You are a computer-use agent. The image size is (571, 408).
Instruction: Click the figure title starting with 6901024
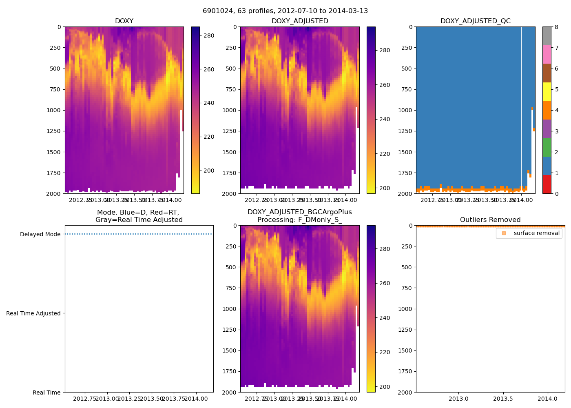pos(285,11)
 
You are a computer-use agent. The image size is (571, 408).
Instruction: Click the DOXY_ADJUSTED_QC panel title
pos(475,21)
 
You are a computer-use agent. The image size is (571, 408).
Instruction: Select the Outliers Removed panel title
pos(490,220)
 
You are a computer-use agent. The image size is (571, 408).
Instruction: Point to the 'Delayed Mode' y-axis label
pos(40,234)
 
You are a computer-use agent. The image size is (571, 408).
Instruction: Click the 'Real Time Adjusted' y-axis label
pos(33,313)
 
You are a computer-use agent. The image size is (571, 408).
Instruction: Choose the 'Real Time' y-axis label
pos(46,392)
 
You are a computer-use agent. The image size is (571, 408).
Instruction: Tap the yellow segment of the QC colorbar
pos(547,91)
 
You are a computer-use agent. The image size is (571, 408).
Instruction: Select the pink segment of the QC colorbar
pos(547,54)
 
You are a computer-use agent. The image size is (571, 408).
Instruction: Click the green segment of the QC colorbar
pos(547,147)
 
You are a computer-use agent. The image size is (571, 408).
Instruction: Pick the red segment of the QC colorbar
pos(547,184)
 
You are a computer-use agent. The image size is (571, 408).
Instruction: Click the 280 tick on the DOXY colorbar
pos(209,35)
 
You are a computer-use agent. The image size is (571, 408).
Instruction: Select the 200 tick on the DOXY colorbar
pos(209,171)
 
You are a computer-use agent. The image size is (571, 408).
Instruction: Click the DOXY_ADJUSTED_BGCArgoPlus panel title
pos(299,216)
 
